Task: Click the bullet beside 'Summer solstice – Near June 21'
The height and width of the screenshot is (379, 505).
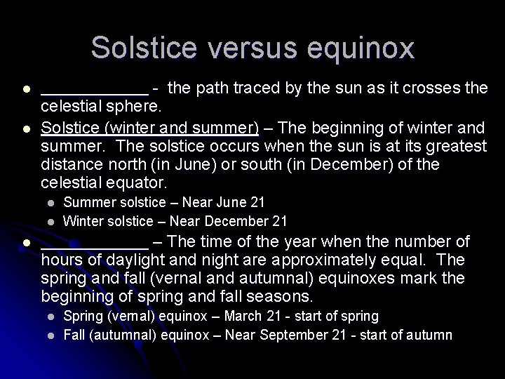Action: click(51, 203)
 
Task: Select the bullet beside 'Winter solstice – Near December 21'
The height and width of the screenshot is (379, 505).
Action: click(51, 221)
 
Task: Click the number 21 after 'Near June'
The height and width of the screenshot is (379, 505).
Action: click(257, 203)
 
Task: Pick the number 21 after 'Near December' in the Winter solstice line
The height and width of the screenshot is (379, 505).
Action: click(279, 221)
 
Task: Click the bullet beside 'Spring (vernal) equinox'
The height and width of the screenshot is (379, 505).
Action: click(51, 317)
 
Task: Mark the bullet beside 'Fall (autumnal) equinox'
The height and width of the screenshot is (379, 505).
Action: click(51, 335)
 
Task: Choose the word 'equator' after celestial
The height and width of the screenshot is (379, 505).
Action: click(140, 183)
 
